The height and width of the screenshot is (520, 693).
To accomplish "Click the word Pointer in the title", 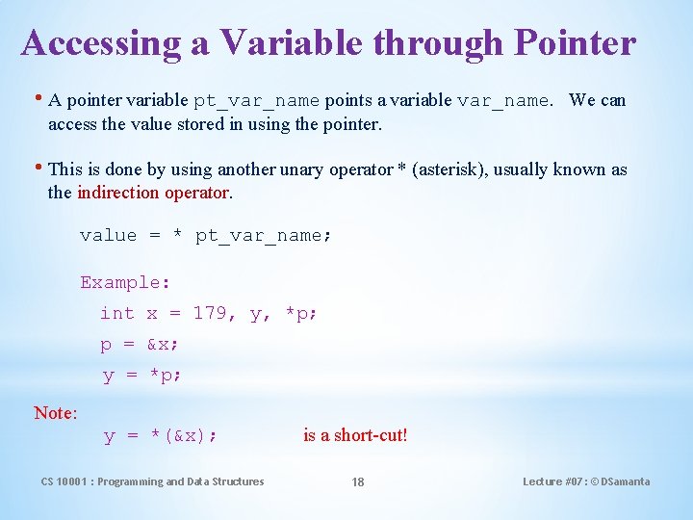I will click(x=576, y=43).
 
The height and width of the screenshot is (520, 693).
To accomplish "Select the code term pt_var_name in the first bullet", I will click(x=256, y=101).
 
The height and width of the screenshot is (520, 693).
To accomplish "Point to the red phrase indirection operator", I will click(x=154, y=193).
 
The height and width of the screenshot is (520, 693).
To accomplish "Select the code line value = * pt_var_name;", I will click(x=206, y=236).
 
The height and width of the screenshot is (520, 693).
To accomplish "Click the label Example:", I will click(x=125, y=283).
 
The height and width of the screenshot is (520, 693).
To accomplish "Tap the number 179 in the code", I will click(x=210, y=314).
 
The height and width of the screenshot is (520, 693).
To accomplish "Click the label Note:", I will click(x=55, y=413).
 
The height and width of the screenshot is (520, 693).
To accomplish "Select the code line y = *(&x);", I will click(x=160, y=436).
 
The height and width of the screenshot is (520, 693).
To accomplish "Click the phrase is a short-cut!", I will click(x=355, y=435).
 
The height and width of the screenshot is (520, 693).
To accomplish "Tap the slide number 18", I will click(x=357, y=482).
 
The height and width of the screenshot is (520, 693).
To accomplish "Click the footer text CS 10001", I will click(x=64, y=481).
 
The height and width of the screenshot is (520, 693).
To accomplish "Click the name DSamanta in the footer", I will click(x=625, y=481).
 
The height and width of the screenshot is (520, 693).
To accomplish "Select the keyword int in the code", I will click(x=117, y=314).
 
